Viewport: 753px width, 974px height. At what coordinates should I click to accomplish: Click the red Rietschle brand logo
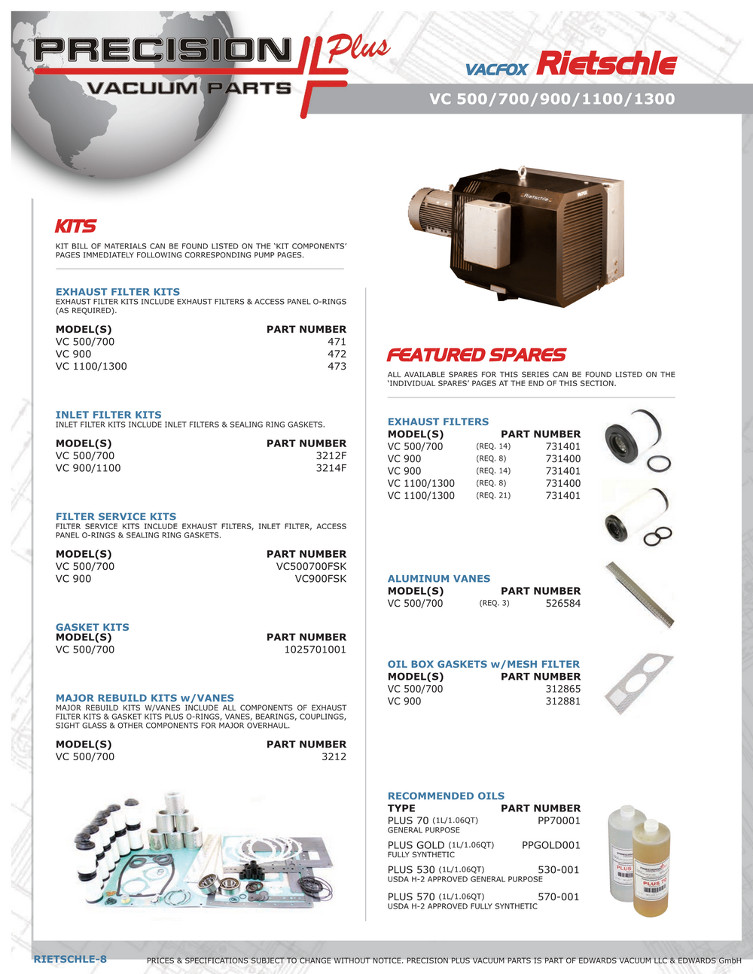[607, 64]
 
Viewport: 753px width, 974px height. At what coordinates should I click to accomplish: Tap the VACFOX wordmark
[496, 70]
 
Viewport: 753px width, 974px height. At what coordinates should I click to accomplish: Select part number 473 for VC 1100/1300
[337, 367]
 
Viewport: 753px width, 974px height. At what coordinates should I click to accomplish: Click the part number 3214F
[331, 468]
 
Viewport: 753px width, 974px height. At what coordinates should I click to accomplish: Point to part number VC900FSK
[320, 579]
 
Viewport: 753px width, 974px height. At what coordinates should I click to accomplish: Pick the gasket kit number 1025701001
[315, 650]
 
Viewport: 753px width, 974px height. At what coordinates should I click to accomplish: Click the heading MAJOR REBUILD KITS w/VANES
[145, 698]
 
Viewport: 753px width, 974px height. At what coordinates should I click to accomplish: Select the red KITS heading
[75, 227]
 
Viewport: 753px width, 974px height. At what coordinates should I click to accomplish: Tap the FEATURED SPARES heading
[476, 355]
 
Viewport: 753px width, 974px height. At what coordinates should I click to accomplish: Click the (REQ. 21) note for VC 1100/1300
[493, 495]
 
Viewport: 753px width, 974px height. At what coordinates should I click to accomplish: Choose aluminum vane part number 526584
[562, 604]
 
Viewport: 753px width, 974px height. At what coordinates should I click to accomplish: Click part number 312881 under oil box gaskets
[562, 702]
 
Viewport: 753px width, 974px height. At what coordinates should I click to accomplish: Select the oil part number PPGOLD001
[550, 845]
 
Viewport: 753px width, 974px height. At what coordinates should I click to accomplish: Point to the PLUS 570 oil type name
[411, 896]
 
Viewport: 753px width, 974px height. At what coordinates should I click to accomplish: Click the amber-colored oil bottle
[651, 869]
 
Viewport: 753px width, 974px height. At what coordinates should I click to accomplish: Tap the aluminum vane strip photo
[640, 595]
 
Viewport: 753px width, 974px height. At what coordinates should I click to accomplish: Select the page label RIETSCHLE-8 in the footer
[70, 959]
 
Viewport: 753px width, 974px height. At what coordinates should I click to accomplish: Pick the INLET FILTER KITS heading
[108, 415]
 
